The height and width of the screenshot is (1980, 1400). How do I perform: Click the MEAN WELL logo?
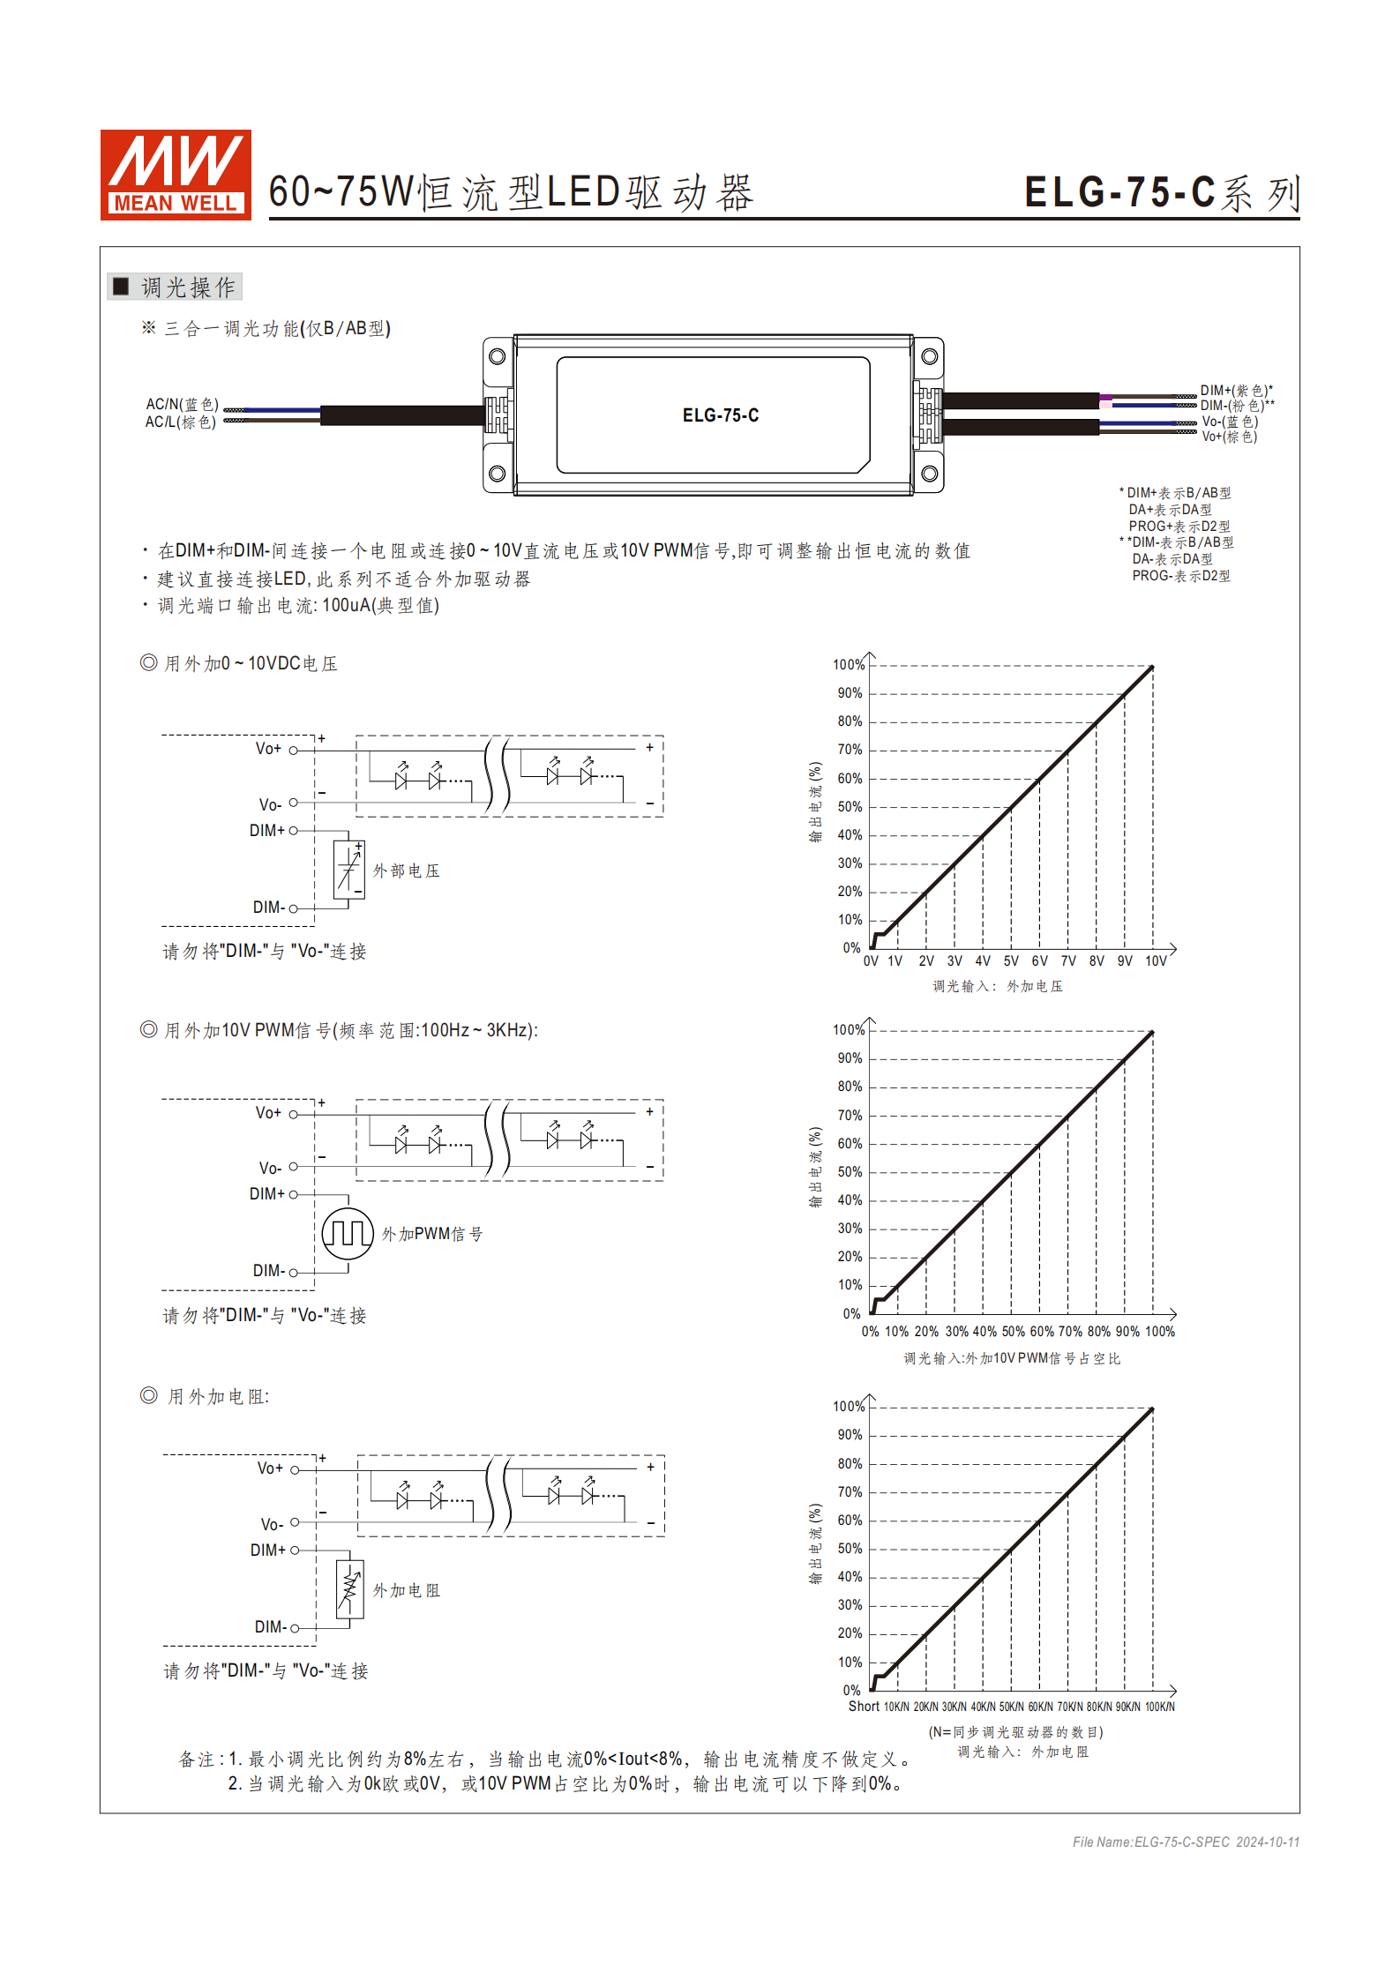point(176,175)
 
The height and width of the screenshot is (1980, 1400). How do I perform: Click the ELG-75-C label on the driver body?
point(720,415)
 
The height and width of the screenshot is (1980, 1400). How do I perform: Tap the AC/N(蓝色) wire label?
point(182,404)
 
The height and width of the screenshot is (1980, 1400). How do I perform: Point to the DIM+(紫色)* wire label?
point(1235,390)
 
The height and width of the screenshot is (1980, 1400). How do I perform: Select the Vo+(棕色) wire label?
point(1229,437)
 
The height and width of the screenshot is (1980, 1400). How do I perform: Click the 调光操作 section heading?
point(187,287)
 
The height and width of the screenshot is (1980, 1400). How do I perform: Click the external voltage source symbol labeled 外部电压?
point(348,870)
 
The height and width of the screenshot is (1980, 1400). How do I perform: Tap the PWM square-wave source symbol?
point(348,1233)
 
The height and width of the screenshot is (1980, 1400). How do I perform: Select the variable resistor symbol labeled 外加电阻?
point(349,1589)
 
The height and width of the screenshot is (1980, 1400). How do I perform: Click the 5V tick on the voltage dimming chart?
point(1011,961)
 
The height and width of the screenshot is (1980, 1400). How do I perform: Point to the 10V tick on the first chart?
point(1156,961)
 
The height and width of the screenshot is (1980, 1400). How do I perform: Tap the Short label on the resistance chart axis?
point(864,1707)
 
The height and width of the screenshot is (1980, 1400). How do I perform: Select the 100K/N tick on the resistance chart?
point(1159,1707)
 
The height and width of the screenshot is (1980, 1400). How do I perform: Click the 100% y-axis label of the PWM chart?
point(848,1030)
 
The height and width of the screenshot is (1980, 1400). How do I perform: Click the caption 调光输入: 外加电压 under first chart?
point(998,986)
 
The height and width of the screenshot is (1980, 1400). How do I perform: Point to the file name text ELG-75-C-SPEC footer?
point(1185,1842)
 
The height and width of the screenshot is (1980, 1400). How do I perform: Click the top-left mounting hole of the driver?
point(497,356)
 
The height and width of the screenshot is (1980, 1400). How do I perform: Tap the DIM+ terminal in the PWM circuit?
point(293,1194)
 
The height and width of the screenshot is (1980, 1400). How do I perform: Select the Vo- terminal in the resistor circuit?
point(295,1522)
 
